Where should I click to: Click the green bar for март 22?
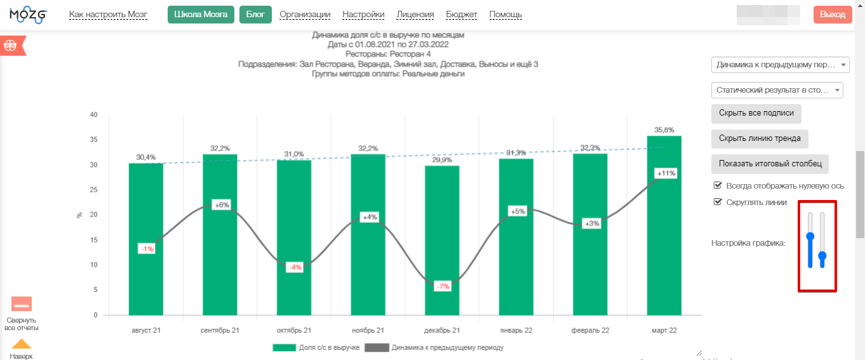coord(664,225)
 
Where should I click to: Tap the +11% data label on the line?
coord(666,173)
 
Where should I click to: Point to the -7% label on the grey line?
coord(442,286)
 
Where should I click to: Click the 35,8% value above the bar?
coord(664,130)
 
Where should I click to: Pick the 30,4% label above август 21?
coord(145,157)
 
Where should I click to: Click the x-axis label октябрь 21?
coord(294,331)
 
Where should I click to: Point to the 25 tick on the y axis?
coord(94,190)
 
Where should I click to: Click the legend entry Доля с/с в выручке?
coord(316,348)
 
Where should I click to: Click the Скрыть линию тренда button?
coord(760,138)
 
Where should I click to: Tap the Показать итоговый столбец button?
coord(770,163)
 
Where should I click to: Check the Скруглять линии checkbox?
coord(718,202)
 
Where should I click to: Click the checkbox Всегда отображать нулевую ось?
coord(718,185)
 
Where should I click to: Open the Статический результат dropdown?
coord(777,90)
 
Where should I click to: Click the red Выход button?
coord(832,15)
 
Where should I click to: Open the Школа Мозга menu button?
coord(201,15)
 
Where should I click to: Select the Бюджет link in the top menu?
coord(462,15)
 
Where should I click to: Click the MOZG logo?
coord(29,15)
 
